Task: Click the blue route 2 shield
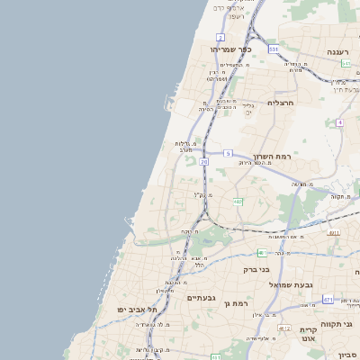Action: pos(220,37)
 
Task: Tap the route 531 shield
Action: pos(273,49)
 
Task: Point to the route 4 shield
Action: pos(339,121)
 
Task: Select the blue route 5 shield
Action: pos(229,153)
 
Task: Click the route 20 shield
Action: pos(203,162)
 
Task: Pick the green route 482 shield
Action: pos(238,202)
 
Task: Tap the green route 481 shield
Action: pos(261,253)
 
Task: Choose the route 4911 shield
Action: pos(334,232)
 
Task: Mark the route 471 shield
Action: pos(328,300)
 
